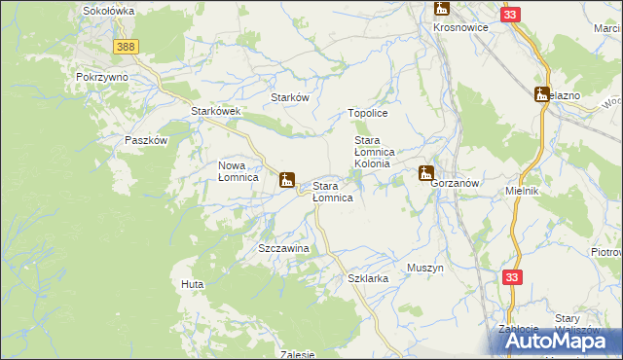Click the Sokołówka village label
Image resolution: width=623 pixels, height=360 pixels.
click(x=108, y=11)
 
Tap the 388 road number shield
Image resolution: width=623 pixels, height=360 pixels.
click(x=124, y=47)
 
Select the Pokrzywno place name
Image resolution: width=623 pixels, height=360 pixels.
click(x=102, y=76)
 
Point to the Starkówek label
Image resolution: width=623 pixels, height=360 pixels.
click(x=215, y=112)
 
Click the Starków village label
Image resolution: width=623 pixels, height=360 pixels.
click(x=289, y=98)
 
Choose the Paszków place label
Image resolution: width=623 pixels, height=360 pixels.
click(x=147, y=140)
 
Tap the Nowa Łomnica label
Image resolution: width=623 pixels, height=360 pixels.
click(x=238, y=171)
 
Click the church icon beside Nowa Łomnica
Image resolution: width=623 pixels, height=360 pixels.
click(x=287, y=180)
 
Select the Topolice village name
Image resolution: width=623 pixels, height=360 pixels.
click(x=368, y=114)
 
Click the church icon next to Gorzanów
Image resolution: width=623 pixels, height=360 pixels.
click(x=425, y=174)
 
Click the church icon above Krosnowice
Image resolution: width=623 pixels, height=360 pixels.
click(x=442, y=10)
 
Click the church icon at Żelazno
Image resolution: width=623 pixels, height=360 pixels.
click(x=542, y=94)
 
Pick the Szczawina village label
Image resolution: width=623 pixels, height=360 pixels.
click(x=283, y=249)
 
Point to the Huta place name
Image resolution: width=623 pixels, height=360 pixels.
click(x=191, y=284)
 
